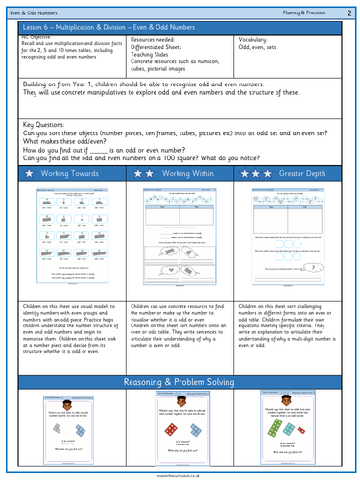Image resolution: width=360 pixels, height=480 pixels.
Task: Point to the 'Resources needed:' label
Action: point(155,40)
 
